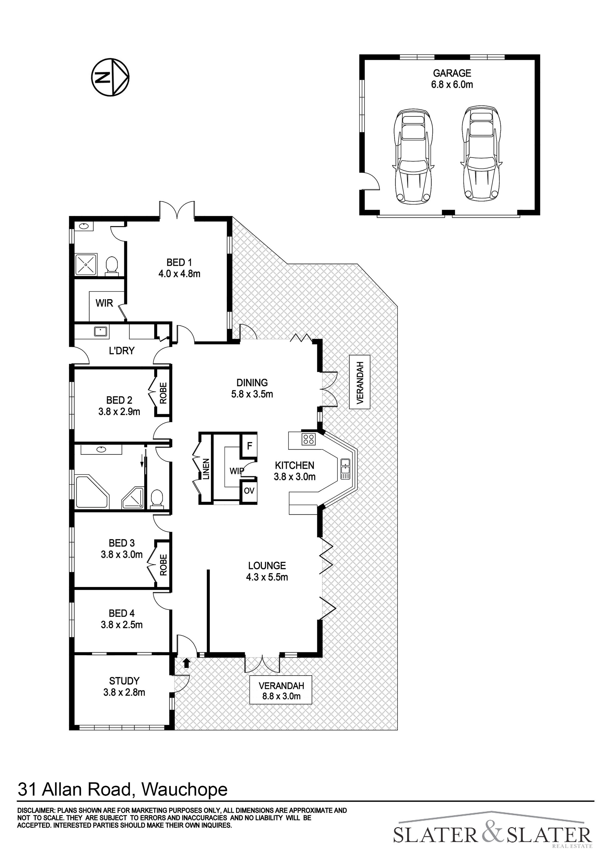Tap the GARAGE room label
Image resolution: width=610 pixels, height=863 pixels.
tap(452, 73)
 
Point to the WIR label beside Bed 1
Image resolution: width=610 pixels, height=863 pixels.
tap(104, 303)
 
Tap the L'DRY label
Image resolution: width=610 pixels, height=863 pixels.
tap(121, 351)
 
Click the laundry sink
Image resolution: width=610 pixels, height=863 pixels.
tap(101, 331)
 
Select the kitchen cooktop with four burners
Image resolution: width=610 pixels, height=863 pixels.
tap(309, 439)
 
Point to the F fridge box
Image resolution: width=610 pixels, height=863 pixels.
tap(249, 446)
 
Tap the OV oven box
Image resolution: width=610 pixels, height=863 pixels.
tap(249, 491)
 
